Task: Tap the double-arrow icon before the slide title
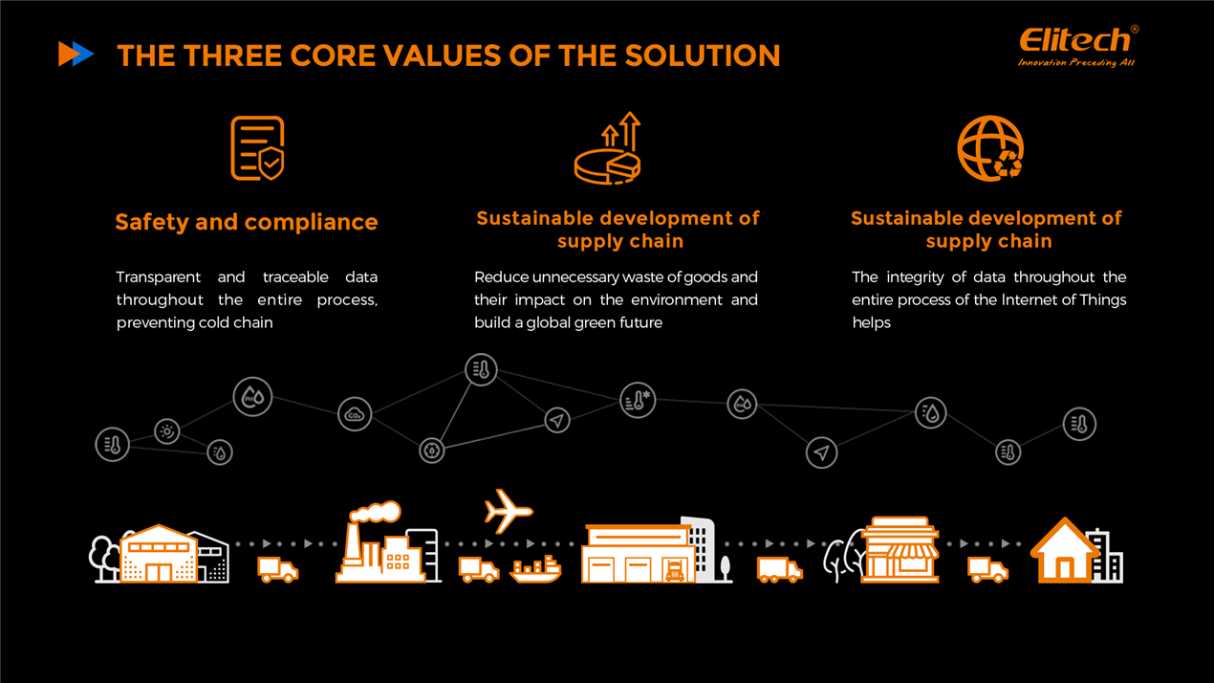point(76,55)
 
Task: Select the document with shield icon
point(257,148)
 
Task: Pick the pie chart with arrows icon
point(608,150)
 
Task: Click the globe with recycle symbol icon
point(990,149)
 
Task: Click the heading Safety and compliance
point(247,222)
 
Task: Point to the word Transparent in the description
point(159,277)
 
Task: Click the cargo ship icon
point(535,570)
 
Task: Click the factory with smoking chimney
point(384,550)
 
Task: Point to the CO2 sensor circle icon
point(355,414)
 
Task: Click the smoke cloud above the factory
point(375,512)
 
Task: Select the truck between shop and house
point(987,570)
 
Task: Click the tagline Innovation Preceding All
point(1075,63)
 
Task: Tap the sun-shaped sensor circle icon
point(167,431)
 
